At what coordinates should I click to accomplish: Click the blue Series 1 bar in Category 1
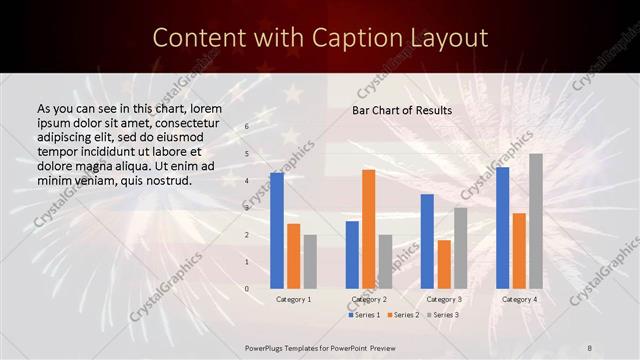pos(277,231)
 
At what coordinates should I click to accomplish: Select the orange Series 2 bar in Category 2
pos(368,229)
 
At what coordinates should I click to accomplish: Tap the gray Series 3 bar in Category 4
pos(536,221)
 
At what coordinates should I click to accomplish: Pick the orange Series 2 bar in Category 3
pos(444,264)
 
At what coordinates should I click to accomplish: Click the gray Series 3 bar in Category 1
pos(310,262)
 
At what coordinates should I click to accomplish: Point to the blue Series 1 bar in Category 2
pos(352,255)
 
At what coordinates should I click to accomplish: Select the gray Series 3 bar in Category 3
pos(460,248)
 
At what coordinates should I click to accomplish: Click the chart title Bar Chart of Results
pos(401,110)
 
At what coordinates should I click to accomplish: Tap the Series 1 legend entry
pos(364,315)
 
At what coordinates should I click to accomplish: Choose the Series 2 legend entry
pos(402,315)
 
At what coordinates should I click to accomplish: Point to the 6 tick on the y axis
pos(247,127)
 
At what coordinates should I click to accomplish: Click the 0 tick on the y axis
pos(247,289)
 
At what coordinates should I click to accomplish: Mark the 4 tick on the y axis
pos(247,181)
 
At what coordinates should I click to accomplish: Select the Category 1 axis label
pos(293,299)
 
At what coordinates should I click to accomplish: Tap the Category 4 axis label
pos(518,299)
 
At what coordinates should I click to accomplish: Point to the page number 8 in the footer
pos(590,348)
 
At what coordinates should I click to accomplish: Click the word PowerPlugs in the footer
pos(265,348)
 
